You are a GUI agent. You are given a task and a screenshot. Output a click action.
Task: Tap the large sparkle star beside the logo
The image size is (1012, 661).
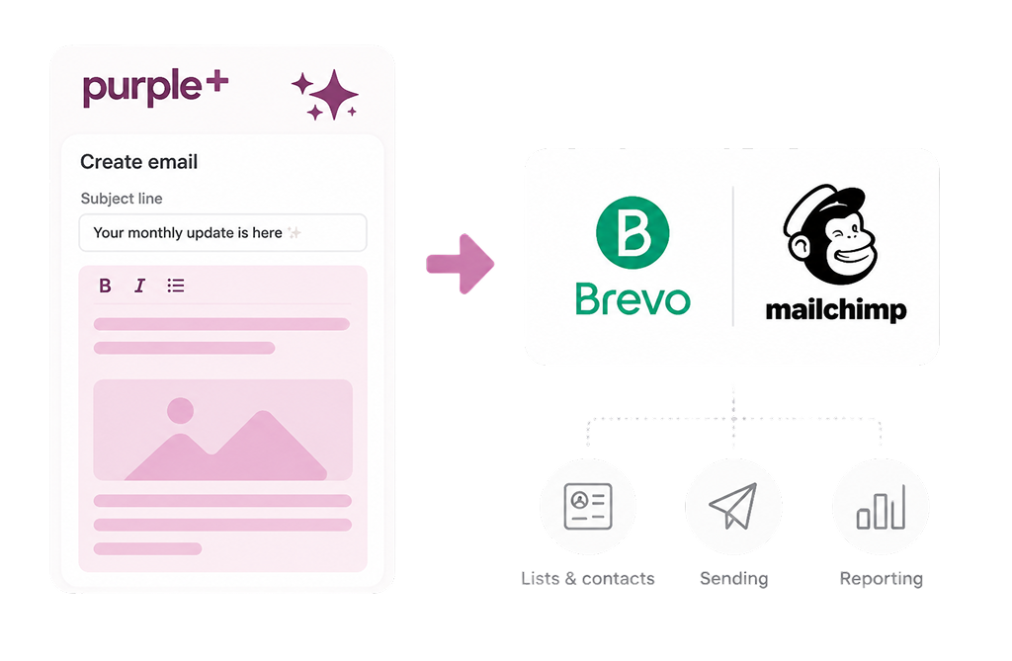pyautogui.click(x=333, y=94)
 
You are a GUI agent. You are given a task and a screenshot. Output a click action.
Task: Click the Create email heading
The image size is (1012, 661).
pyautogui.click(x=138, y=162)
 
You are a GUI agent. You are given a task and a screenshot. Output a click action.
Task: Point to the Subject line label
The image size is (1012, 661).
pyautogui.click(x=122, y=199)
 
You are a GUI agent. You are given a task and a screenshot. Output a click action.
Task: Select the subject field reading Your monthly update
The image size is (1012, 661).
pyautogui.click(x=222, y=232)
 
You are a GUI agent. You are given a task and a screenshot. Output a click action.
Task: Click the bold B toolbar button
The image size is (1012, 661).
pyautogui.click(x=105, y=286)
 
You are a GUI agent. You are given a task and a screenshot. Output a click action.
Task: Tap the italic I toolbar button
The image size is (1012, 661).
pyautogui.click(x=139, y=286)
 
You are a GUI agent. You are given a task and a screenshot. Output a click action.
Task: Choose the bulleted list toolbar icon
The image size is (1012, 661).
pyautogui.click(x=176, y=286)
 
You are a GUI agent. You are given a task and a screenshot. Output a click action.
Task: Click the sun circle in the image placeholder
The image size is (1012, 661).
pyautogui.click(x=180, y=411)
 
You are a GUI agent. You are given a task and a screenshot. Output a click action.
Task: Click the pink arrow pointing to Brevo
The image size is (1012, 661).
pyautogui.click(x=461, y=264)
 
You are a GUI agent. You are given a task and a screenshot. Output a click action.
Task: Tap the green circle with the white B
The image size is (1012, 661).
pyautogui.click(x=632, y=232)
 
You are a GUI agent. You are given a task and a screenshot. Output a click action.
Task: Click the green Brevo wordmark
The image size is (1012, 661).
pyautogui.click(x=632, y=299)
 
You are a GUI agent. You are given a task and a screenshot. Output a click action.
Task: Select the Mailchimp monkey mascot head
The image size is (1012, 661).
pyautogui.click(x=830, y=234)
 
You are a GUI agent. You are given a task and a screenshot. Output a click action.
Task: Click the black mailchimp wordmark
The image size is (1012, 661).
pyautogui.click(x=836, y=310)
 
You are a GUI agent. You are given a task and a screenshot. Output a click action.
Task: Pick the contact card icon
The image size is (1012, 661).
pyautogui.click(x=588, y=506)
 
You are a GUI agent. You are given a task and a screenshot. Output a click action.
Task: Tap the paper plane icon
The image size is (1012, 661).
pyautogui.click(x=733, y=506)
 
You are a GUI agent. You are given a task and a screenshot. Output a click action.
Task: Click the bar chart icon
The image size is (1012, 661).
pyautogui.click(x=881, y=507)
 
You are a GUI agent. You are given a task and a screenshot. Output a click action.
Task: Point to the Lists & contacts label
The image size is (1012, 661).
pyautogui.click(x=588, y=578)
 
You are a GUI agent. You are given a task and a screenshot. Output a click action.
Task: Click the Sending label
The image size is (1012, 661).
pyautogui.click(x=734, y=579)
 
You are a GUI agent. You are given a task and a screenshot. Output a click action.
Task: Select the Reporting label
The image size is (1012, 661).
pyautogui.click(x=881, y=579)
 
